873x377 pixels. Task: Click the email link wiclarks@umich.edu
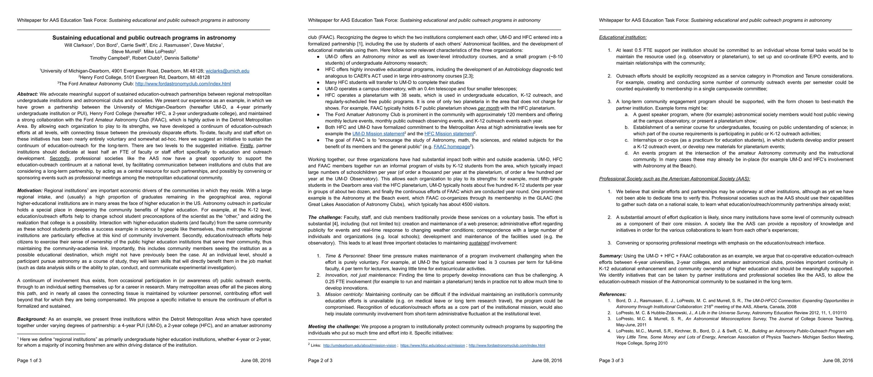(x=227, y=71)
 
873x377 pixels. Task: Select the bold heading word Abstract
(x=27, y=94)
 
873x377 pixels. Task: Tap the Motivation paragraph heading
(x=30, y=190)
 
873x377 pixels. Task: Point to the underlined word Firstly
(x=247, y=146)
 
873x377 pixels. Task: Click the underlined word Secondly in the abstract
(x=59, y=158)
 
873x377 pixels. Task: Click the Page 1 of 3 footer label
(x=29, y=360)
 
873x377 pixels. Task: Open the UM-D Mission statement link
(x=378, y=134)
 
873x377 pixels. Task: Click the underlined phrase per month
(x=488, y=108)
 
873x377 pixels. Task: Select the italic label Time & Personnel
(x=345, y=256)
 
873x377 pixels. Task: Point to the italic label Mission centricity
(x=344, y=294)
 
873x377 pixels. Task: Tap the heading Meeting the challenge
(x=334, y=326)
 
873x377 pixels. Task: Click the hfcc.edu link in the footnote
(x=433, y=346)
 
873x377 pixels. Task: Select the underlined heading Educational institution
(x=622, y=37)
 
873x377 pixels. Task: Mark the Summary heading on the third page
(x=610, y=256)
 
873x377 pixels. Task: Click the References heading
(x=612, y=294)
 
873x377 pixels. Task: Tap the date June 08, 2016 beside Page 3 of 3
(x=838, y=360)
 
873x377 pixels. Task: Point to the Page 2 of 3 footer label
(x=320, y=360)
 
